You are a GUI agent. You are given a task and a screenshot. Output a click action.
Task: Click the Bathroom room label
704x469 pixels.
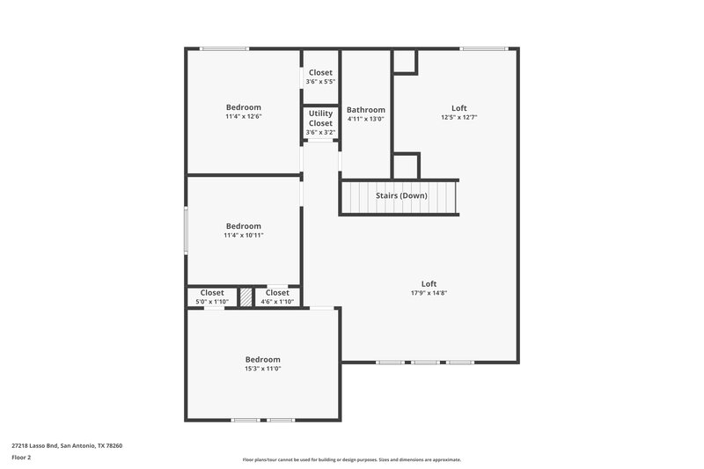365,110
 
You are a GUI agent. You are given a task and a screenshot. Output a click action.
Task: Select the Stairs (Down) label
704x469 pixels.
400,194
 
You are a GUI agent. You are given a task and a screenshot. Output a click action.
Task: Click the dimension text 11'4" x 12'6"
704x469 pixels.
243,116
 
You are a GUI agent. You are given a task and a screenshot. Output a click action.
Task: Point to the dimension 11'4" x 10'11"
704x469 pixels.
243,235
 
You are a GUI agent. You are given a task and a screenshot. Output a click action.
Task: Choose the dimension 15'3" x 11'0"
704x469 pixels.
262,369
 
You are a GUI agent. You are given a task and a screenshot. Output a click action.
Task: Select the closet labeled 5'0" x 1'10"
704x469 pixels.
212,302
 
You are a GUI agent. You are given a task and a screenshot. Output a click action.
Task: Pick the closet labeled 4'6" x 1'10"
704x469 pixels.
276,302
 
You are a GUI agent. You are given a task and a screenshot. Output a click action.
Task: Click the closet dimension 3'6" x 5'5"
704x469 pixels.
320,82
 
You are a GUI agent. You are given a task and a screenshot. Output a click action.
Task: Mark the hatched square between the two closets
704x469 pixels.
246,297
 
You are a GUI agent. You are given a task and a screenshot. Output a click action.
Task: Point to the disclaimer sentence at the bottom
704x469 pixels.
351,459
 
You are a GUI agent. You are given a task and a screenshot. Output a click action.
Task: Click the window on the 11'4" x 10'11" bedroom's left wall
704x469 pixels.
185,231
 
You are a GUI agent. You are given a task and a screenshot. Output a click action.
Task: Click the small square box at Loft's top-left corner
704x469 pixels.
404,61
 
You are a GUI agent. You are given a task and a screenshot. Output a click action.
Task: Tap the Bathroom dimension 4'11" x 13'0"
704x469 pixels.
365,119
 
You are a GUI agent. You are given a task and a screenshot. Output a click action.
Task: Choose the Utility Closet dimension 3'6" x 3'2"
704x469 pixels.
320,132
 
